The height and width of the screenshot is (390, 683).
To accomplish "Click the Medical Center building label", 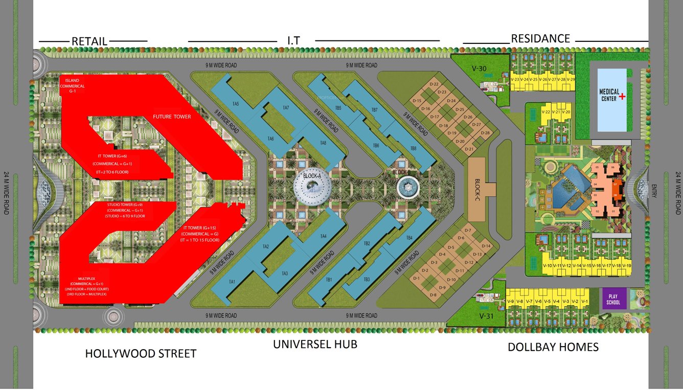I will [x=609, y=95].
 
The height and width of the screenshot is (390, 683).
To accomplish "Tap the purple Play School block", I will [x=613, y=299].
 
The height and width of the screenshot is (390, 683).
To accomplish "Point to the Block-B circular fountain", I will [x=407, y=188].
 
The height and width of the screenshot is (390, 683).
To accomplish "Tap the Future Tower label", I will [x=172, y=117].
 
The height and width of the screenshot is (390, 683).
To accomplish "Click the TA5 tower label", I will [x=236, y=104].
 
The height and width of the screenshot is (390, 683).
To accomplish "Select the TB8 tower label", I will [x=413, y=148].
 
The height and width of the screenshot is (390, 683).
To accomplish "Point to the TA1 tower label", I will [x=232, y=282].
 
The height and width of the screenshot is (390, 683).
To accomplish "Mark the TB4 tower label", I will [x=409, y=238].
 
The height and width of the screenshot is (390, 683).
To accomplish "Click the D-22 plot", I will [x=435, y=84].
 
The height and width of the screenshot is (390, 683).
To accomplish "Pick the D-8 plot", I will [x=433, y=295].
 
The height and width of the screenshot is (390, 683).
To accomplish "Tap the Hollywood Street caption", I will [x=141, y=353].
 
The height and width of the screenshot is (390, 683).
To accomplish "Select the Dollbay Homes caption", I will [x=553, y=347].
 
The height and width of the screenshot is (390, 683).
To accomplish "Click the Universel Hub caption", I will [x=315, y=344].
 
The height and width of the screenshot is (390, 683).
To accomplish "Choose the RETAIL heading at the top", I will [x=89, y=41].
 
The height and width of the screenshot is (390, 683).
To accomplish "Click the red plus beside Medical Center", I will [x=622, y=96].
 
